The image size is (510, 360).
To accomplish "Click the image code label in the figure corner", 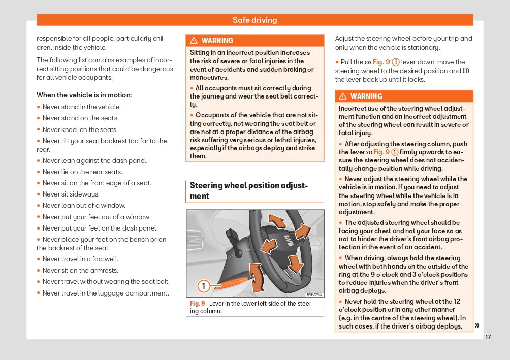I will coord(313,294).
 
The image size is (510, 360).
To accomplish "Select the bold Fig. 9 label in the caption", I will coord(197,304).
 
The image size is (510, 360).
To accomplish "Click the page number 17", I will coord(488,337).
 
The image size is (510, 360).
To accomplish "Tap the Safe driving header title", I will coord(254,20).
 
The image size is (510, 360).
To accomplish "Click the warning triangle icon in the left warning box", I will coord(194,41).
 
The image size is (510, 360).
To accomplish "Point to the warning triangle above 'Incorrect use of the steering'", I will coord(342,96).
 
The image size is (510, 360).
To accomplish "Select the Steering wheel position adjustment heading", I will coord(249,191).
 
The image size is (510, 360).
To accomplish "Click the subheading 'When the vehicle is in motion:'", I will coord(84,95).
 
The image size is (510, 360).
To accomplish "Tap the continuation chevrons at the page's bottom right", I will coord(477,325).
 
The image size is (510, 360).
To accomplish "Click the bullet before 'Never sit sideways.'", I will coord(39,194).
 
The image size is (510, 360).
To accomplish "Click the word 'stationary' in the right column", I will coord(424,48).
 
